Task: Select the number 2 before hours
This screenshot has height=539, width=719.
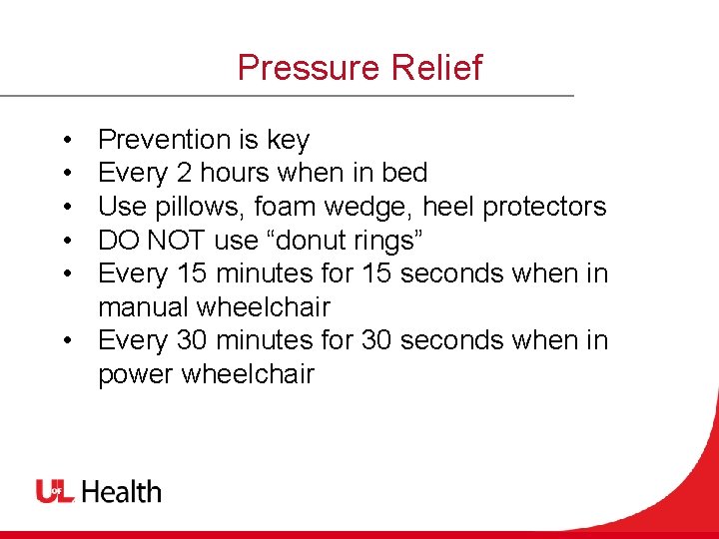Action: (x=184, y=173)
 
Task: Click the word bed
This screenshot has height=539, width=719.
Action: (x=404, y=173)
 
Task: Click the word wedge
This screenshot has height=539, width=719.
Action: (x=372, y=207)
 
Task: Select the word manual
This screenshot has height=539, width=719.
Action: (x=144, y=306)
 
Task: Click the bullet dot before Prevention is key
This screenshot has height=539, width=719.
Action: (x=64, y=141)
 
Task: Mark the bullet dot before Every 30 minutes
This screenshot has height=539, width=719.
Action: (x=64, y=341)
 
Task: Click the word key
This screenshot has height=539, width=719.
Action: (x=289, y=140)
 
